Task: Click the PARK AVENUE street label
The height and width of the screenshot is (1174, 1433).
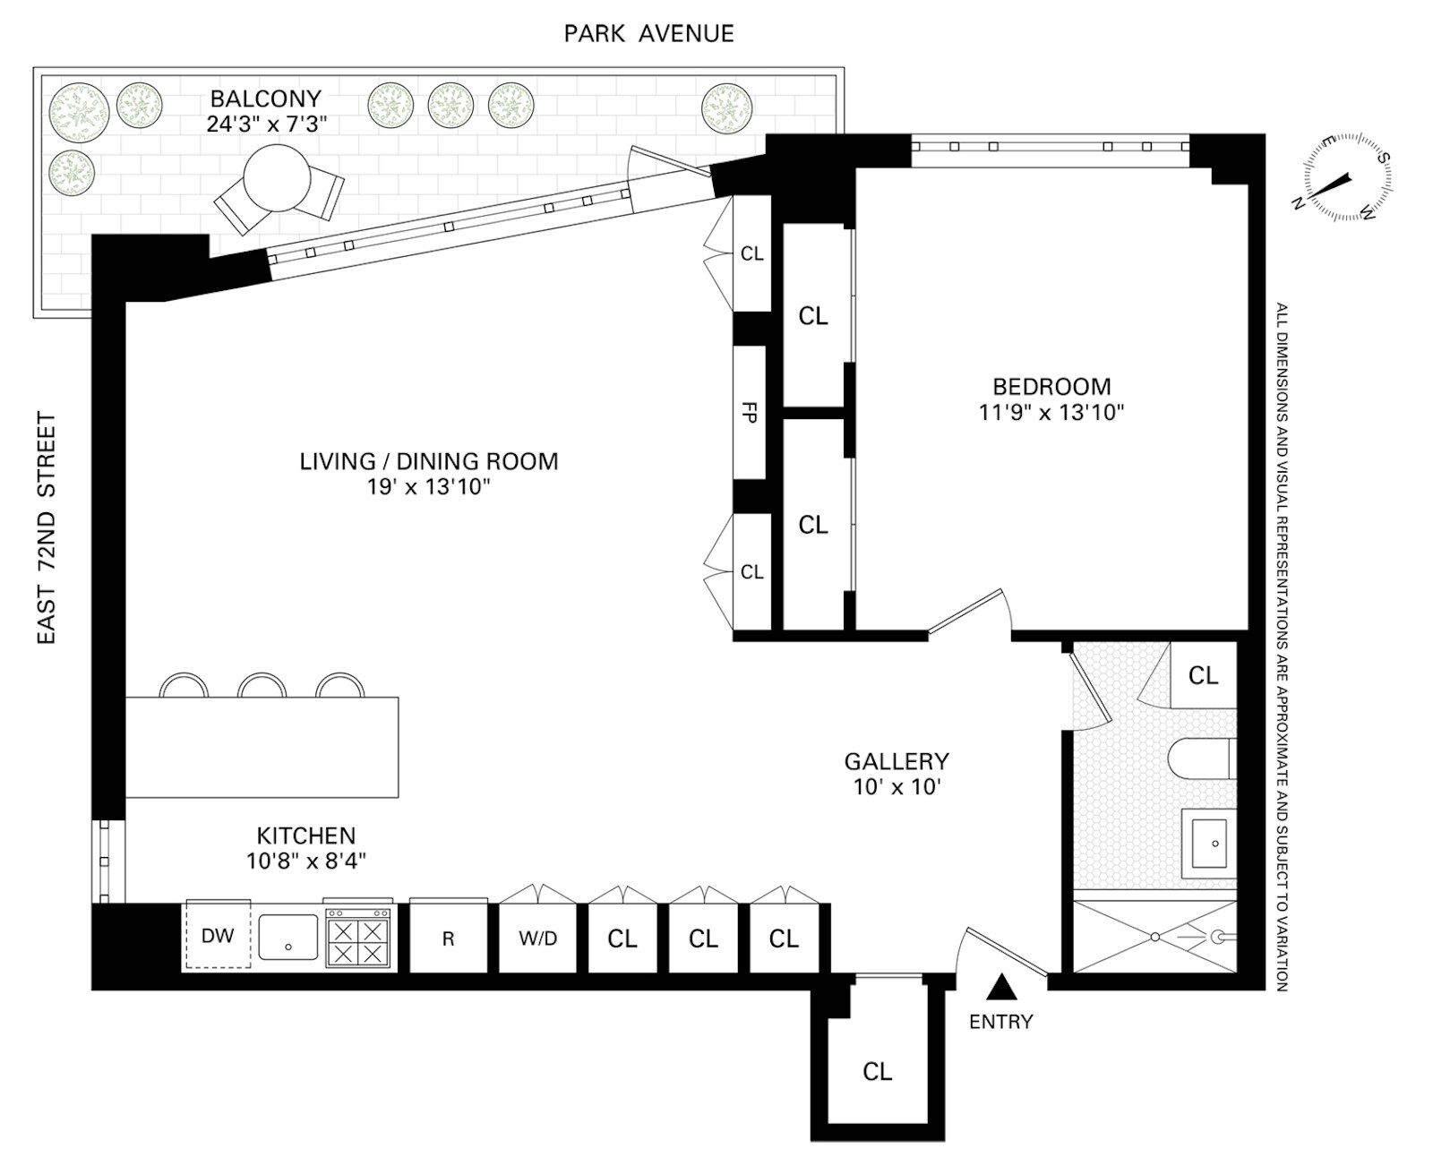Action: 648,34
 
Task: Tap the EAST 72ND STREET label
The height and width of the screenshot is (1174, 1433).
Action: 47,527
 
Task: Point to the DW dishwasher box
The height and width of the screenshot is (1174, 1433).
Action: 218,936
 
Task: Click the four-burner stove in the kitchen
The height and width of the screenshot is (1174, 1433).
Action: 358,938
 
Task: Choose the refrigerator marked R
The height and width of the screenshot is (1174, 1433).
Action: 449,937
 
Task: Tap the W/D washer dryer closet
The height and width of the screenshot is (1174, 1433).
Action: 537,938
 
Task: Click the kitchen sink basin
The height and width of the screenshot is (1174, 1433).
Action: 288,936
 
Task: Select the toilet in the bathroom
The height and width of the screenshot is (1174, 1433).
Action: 1201,758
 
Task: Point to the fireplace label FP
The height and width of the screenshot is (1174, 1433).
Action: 749,413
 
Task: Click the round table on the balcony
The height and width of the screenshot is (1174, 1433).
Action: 277,178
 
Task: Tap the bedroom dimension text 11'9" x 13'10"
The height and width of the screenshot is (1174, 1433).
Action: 1051,412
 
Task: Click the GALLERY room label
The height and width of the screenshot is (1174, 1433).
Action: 897,761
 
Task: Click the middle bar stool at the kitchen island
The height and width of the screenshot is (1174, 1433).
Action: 262,685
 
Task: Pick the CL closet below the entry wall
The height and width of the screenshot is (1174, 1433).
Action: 877,1071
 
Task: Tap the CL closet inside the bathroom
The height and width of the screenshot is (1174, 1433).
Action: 1203,675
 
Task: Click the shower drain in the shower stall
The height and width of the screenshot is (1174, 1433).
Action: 1155,937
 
